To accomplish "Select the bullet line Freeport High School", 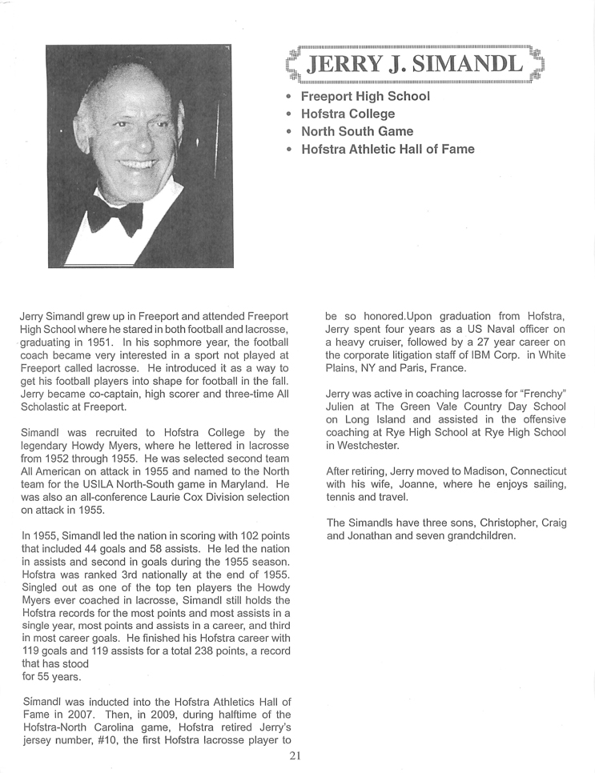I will [x=365, y=96].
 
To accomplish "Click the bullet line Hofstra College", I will [x=348, y=114].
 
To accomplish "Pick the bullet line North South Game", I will [x=357, y=131].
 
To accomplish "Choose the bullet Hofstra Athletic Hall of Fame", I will [x=388, y=149].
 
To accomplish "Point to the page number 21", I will [x=297, y=755].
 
